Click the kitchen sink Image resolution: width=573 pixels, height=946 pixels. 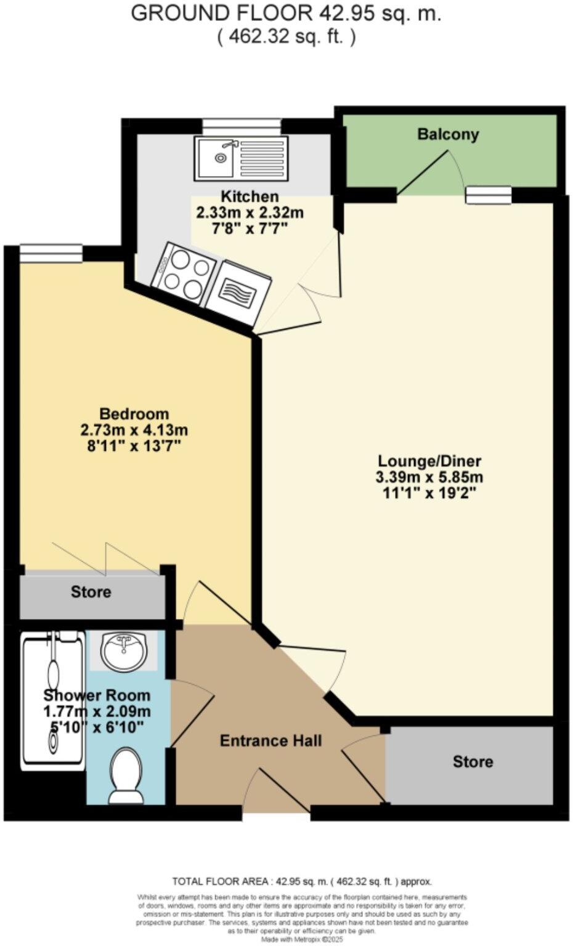[x=241, y=158]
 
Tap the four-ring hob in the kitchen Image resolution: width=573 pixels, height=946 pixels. [x=184, y=272]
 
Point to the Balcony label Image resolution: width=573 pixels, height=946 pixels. [x=448, y=134]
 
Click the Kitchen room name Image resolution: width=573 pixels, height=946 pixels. [x=250, y=197]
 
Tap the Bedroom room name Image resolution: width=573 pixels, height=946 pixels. [x=134, y=414]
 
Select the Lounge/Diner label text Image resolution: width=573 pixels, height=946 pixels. [x=429, y=461]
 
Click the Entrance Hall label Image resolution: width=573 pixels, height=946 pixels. [x=270, y=740]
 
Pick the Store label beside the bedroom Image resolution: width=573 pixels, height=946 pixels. [x=91, y=592]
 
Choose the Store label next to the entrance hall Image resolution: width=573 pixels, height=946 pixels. [x=473, y=762]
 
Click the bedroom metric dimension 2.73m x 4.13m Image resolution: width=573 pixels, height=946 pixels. [x=134, y=430]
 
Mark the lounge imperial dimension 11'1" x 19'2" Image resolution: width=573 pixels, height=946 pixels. [x=429, y=493]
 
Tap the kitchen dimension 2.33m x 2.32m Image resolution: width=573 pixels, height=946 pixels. [x=250, y=213]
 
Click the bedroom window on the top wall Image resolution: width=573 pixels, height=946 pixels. [x=51, y=253]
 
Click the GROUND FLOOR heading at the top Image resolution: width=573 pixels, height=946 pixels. [x=286, y=14]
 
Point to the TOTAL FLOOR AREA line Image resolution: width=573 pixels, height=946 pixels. [x=302, y=881]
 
